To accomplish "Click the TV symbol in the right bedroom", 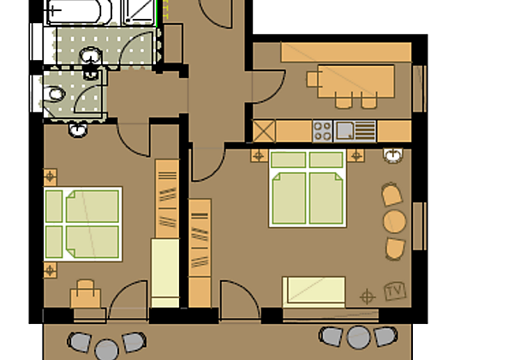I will point(394,291).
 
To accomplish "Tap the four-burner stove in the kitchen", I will point(323,130).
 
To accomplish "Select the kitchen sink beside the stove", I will point(345,130).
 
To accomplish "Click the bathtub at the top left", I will point(81,11).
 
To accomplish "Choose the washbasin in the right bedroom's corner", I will point(393,156).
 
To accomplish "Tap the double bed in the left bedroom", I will point(82,225).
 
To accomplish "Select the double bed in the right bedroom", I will point(308,189).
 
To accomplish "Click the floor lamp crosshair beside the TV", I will point(368,297).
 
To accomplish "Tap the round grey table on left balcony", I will point(106,349).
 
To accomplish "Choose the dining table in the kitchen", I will point(356,79).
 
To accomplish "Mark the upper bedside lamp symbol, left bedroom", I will point(51,177).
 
